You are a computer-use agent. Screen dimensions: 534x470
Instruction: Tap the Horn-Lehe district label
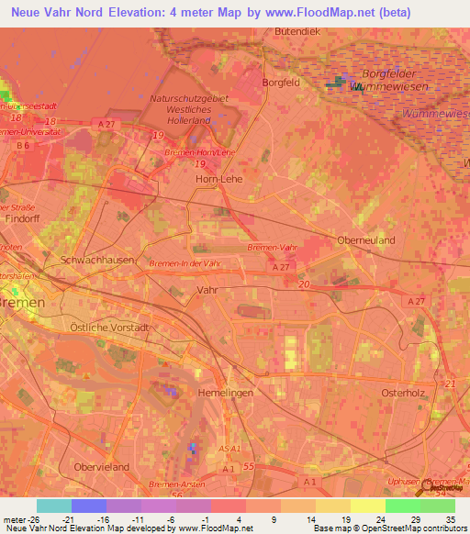[219, 179]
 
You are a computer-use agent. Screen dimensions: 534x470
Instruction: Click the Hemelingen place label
[226, 392]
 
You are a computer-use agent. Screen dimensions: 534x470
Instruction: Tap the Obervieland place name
[102, 467]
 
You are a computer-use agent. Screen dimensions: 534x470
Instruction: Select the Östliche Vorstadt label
[109, 327]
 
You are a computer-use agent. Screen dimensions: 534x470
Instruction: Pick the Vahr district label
[207, 288]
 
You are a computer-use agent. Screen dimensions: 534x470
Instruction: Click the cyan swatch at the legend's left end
[54, 506]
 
